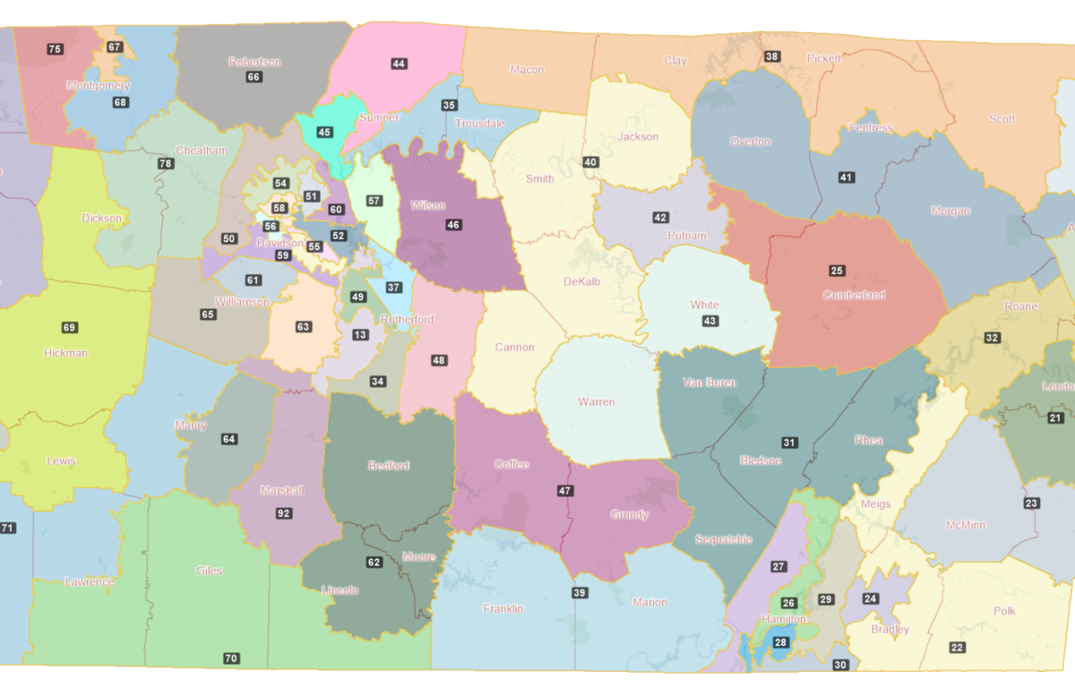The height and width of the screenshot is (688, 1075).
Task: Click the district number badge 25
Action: click(x=837, y=271)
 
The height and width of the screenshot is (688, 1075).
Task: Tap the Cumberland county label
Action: click(x=854, y=296)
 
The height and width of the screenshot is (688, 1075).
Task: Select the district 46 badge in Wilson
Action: click(x=453, y=225)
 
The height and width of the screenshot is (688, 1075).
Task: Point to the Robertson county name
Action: click(x=254, y=62)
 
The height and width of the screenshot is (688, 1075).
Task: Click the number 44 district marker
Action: click(x=399, y=64)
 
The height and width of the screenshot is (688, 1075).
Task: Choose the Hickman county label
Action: click(x=66, y=353)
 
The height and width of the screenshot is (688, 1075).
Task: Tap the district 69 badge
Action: click(x=69, y=328)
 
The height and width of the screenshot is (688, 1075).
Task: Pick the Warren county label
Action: click(x=597, y=401)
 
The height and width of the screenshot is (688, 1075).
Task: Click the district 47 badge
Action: click(x=564, y=491)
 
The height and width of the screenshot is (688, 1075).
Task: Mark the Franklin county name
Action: click(x=503, y=609)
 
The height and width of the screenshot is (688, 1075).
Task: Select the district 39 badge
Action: click(x=580, y=593)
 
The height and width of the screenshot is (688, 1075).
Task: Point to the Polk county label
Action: click(x=1004, y=611)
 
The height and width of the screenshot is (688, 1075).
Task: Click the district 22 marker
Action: click(x=958, y=648)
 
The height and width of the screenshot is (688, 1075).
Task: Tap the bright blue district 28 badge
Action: click(x=780, y=643)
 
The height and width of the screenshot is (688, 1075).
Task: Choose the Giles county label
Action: click(x=209, y=571)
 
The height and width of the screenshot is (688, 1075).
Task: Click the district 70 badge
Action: click(x=231, y=658)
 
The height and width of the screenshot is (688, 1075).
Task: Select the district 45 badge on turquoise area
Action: click(x=324, y=133)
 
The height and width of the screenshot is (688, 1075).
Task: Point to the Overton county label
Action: click(x=750, y=142)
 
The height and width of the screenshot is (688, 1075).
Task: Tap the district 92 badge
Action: click(x=284, y=513)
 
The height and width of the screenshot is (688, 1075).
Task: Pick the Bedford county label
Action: click(x=389, y=466)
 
